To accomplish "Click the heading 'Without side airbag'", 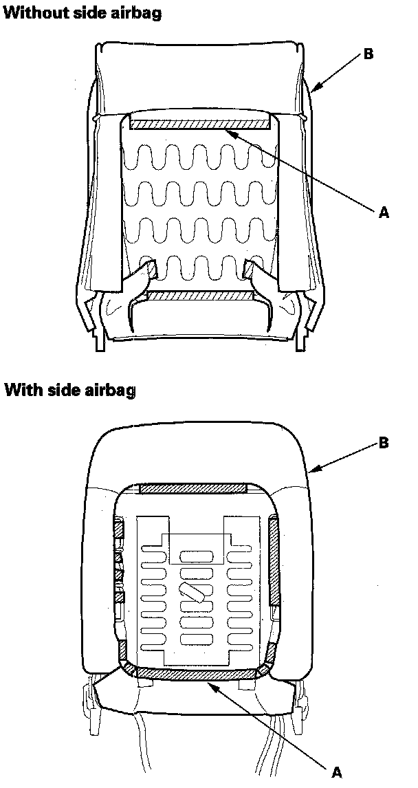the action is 83,13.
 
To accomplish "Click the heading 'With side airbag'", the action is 70,391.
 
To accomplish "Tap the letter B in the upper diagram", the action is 368,54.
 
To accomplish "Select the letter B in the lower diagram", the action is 384,442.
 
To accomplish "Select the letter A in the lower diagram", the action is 337,772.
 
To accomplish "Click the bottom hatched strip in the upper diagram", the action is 200,296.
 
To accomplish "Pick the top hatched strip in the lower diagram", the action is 192,488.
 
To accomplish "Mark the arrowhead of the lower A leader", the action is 209,682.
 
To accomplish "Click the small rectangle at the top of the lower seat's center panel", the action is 196,549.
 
